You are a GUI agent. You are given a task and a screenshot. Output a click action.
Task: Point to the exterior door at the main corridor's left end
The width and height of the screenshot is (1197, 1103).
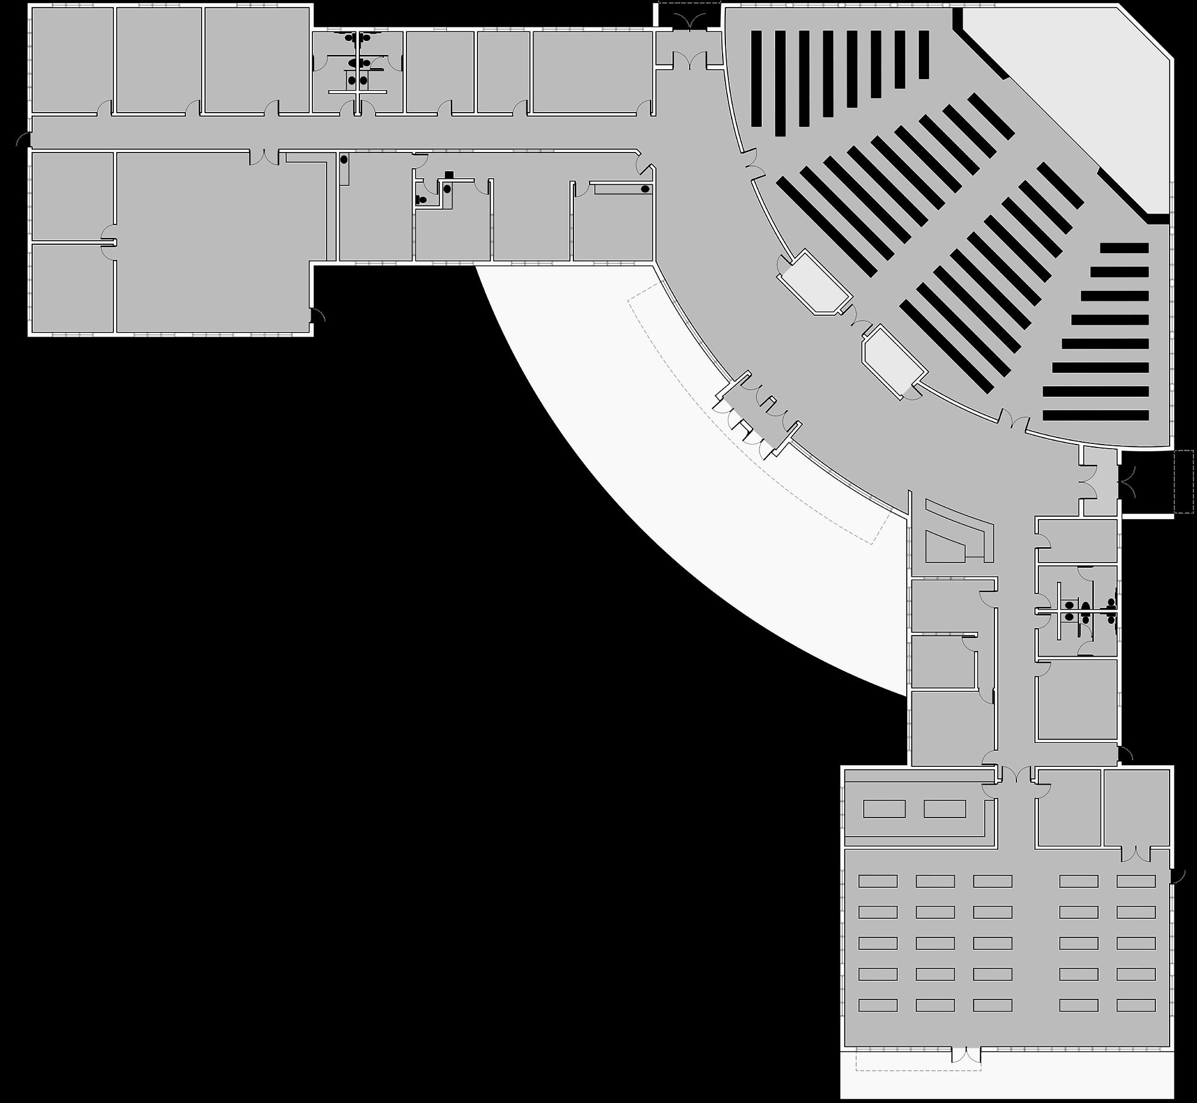tap(24, 140)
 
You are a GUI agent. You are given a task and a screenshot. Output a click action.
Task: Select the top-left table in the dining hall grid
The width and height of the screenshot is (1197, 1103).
tap(877, 881)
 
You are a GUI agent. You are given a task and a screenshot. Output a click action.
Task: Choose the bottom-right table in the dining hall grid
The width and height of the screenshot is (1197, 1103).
tap(1136, 1005)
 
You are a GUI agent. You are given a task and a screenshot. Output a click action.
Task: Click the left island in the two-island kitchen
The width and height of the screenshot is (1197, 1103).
tap(884, 809)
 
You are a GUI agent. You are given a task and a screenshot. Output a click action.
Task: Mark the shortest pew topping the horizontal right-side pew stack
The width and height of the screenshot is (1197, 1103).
tap(1124, 248)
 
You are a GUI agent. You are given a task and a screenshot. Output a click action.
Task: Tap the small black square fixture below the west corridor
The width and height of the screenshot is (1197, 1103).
tap(449, 174)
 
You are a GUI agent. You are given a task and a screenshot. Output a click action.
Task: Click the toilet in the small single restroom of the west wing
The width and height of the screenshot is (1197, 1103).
tap(422, 199)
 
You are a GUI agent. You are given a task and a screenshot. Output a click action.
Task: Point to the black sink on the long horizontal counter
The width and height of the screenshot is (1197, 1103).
tap(645, 189)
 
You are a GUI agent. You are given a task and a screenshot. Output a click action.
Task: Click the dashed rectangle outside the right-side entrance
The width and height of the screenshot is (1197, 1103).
tap(1183, 481)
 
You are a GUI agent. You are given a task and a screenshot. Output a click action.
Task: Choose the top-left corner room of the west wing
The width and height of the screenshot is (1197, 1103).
tap(72, 60)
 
